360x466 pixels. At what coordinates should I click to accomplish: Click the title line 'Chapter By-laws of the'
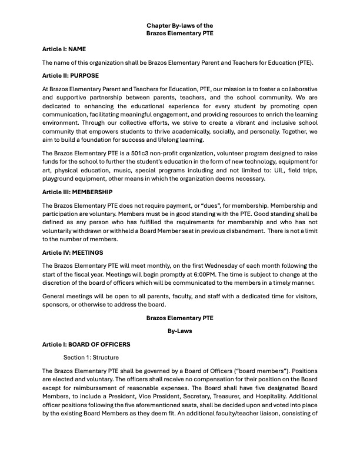pos(180,25)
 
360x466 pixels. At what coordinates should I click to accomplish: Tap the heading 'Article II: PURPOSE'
pos(71,76)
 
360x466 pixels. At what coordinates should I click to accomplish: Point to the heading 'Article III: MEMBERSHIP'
pos(78,192)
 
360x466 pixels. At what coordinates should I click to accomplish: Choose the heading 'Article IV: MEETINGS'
pos(72,252)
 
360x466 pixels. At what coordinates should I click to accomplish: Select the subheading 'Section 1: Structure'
pos(91,357)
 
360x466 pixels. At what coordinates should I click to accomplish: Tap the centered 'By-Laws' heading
pos(180,331)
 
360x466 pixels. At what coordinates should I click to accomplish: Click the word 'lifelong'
pos(189,140)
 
